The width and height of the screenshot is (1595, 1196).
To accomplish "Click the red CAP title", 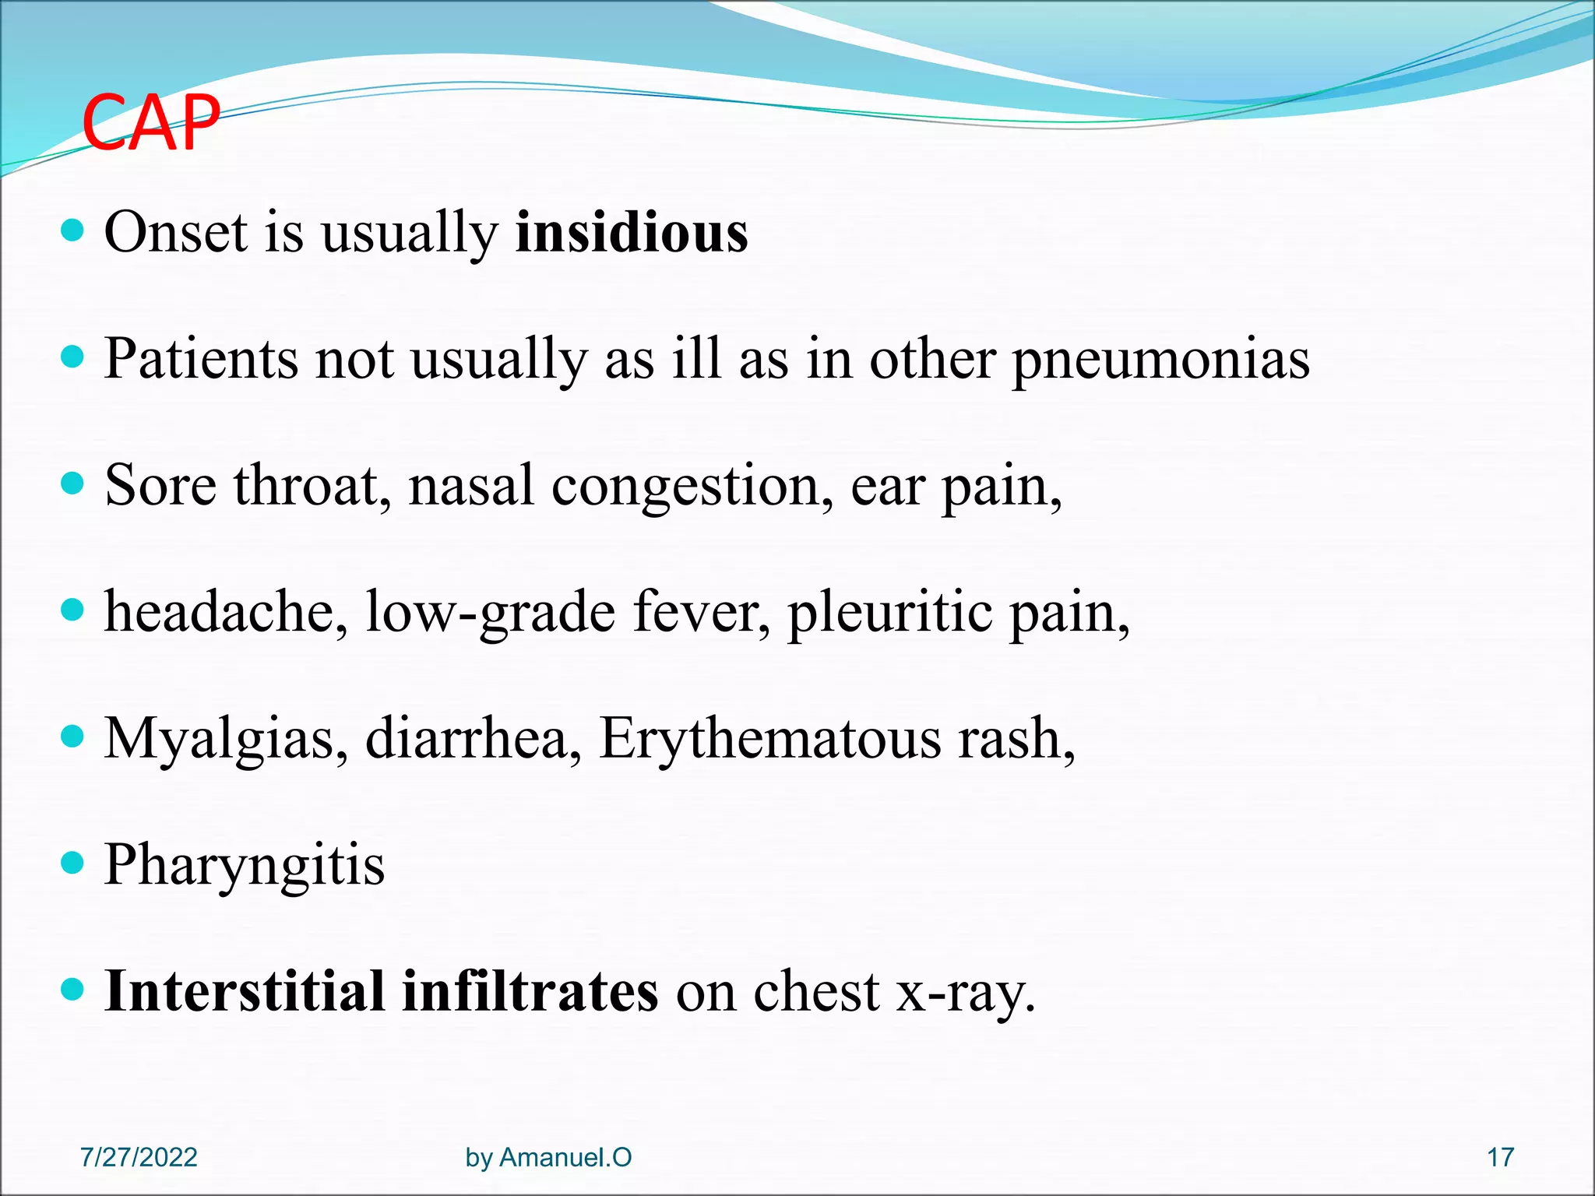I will click(x=151, y=123).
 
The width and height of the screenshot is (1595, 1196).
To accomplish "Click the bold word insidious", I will click(x=632, y=232).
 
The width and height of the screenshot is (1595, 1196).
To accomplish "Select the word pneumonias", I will click(x=1160, y=360).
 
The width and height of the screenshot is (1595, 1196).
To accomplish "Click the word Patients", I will click(x=201, y=359).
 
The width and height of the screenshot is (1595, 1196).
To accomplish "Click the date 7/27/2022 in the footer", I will click(x=139, y=1157).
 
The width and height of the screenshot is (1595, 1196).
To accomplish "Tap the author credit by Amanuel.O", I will click(x=548, y=1157).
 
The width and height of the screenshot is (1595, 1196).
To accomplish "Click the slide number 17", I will click(x=1500, y=1157).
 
